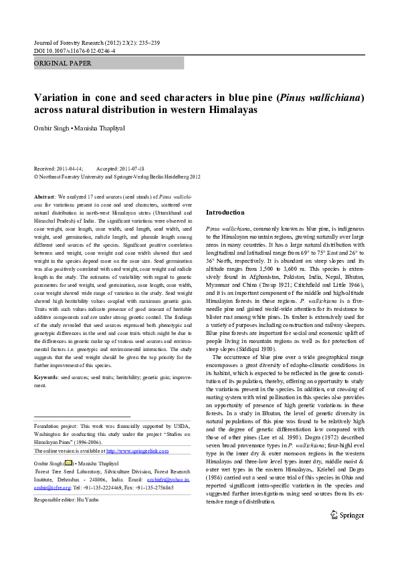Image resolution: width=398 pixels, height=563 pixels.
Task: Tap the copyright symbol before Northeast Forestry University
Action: pos(36,177)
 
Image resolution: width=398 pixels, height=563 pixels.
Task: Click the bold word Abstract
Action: pos(44,197)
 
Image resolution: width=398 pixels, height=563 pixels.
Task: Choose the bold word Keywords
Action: pos(47,378)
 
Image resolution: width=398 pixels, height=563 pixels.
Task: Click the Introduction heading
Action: pos(225,212)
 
